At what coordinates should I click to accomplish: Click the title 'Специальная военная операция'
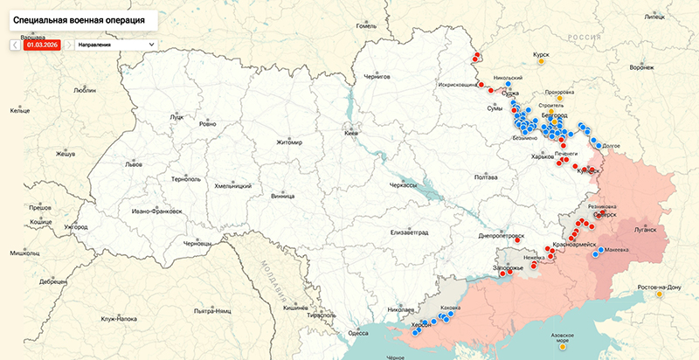coord(80,17)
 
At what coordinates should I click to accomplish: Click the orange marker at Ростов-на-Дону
coord(660,294)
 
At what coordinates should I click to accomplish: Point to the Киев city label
coord(352,134)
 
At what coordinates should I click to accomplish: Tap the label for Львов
coord(133,163)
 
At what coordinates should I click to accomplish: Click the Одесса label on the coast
coord(358,333)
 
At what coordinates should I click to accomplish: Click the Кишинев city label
coord(296,308)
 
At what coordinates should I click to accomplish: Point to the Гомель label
coord(366,25)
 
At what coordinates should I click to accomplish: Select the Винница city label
coord(282,196)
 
